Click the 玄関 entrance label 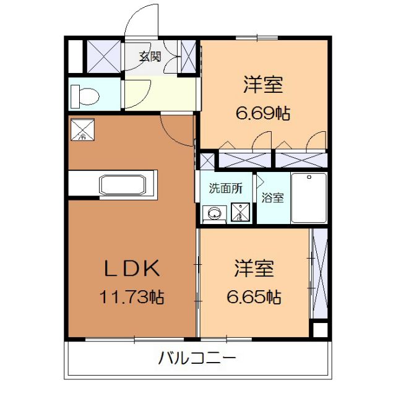click(x=150, y=57)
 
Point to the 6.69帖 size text click(x=262, y=113)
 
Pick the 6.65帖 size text click(x=254, y=297)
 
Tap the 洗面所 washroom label click(x=225, y=189)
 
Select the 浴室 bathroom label click(x=273, y=198)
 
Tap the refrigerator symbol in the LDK click(x=82, y=130)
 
